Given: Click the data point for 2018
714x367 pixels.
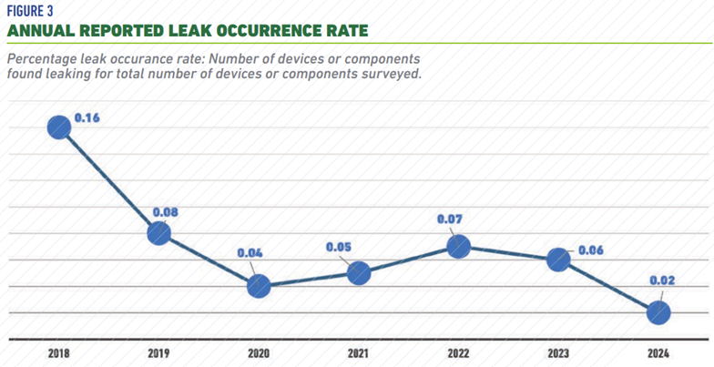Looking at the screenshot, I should coord(59,127).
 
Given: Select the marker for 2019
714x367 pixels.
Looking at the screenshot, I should coord(159,233).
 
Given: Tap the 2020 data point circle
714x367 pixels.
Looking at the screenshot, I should coord(259,286).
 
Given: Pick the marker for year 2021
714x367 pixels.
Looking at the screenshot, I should coord(359,272).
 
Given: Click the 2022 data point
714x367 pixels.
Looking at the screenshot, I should coord(458,246).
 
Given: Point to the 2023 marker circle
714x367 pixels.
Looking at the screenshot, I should coord(558,260).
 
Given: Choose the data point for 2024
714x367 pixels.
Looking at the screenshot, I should coord(658,312).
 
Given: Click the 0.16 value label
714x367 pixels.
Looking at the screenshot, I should coord(87,118).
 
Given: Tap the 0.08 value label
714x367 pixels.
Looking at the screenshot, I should coord(165,212).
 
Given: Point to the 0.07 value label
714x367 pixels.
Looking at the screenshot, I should coord(450,219).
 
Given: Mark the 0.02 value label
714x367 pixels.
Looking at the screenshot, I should coord(663,280).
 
